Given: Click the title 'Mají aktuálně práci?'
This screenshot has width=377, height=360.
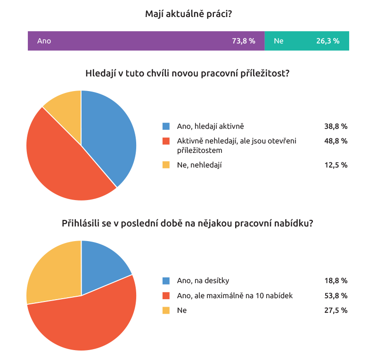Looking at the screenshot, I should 188,14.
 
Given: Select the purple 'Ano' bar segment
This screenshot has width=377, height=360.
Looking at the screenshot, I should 141,41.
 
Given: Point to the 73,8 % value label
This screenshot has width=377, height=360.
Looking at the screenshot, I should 244,41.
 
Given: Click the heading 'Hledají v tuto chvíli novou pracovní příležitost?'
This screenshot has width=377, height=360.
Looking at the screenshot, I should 187,74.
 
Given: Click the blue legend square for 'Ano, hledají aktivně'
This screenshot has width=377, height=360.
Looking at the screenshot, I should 166,126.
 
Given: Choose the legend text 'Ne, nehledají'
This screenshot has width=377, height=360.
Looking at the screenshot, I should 199,165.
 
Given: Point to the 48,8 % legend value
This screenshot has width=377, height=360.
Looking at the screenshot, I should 336,141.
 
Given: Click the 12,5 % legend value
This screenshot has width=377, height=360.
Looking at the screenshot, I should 336,165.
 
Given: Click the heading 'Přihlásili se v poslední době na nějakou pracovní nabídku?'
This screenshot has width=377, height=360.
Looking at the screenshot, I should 187,224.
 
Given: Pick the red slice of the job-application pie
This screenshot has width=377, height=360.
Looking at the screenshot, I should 85,321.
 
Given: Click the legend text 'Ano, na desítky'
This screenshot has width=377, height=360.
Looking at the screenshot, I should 203,281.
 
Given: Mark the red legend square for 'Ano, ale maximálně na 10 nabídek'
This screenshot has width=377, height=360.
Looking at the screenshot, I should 166,296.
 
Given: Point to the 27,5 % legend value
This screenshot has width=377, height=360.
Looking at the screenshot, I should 336,310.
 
